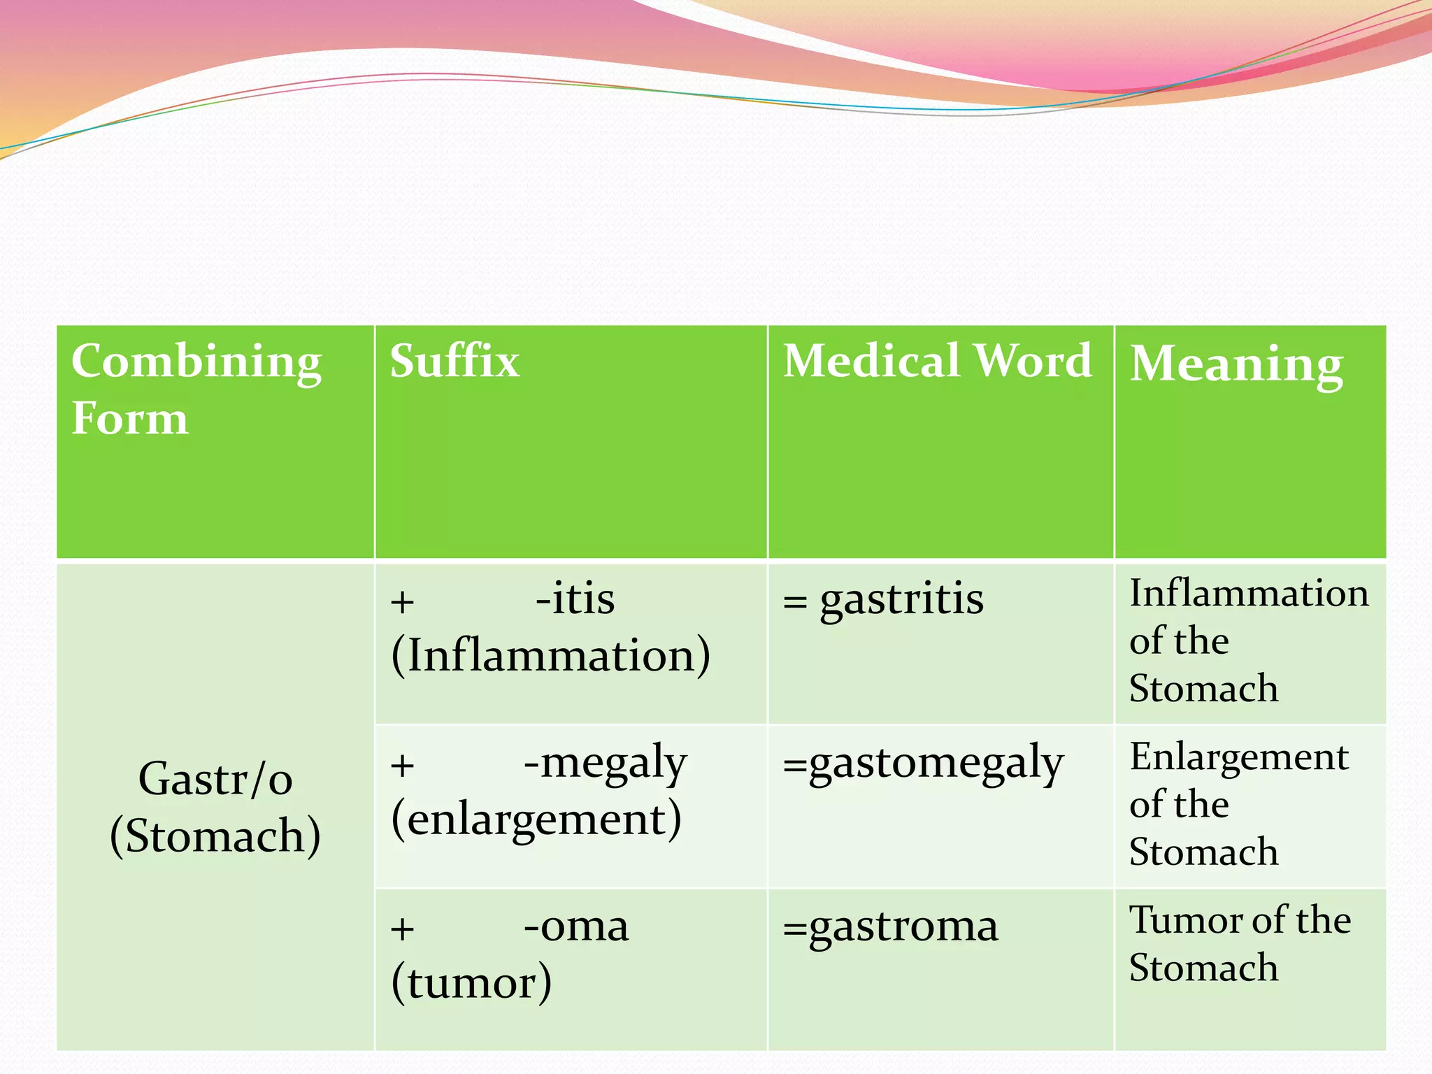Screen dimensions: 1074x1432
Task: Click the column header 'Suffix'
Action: pyautogui.click(x=454, y=361)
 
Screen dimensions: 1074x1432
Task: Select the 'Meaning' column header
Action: pyautogui.click(x=1236, y=364)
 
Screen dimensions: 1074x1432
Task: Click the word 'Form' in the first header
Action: pyautogui.click(x=130, y=419)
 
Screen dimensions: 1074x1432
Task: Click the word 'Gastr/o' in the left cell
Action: pyautogui.click(x=215, y=779)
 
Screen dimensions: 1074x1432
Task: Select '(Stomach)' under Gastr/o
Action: pyautogui.click(x=215, y=836)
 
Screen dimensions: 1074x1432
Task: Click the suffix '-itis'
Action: pyautogui.click(x=575, y=599)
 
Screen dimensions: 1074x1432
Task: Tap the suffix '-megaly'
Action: pyautogui.click(x=605, y=763)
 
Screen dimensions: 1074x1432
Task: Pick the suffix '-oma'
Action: pyautogui.click(x=575, y=926)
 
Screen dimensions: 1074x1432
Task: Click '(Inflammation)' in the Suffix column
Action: pyautogui.click(x=550, y=657)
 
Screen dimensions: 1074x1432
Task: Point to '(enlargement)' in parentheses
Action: pyautogui.click(x=536, y=820)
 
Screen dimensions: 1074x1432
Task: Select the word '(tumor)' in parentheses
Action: pyautogui.click(x=471, y=983)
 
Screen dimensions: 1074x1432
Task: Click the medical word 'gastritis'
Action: pyautogui.click(x=901, y=600)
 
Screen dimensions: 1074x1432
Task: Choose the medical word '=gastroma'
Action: pyautogui.click(x=891, y=928)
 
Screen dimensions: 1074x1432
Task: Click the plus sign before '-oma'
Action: pyautogui.click(x=402, y=929)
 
